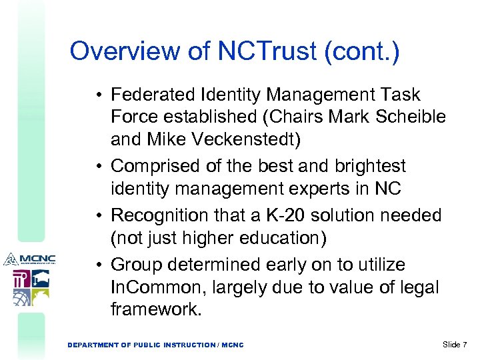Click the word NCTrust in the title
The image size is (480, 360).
coord(269,52)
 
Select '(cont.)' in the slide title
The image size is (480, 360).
coord(361,52)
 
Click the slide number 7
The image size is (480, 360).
coord(465,344)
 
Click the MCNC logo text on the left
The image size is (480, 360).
coord(37,259)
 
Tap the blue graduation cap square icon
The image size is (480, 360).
coord(39,278)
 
